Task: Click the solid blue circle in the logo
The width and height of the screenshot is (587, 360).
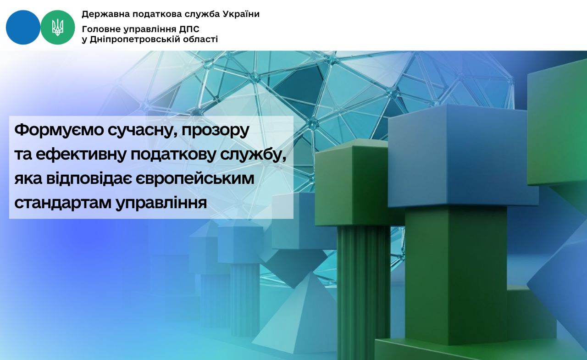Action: tap(23, 27)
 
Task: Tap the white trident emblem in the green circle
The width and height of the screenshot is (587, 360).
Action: tap(58, 27)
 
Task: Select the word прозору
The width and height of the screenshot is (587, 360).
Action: tap(215, 131)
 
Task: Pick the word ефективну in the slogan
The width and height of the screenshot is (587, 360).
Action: tap(81, 155)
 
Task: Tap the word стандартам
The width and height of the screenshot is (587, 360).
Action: tap(63, 203)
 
